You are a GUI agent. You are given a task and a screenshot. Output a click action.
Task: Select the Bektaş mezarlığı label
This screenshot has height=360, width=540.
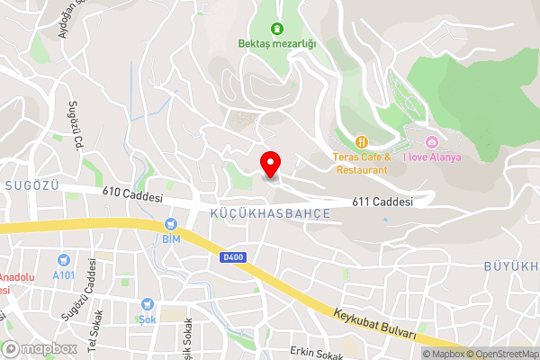click(277, 43)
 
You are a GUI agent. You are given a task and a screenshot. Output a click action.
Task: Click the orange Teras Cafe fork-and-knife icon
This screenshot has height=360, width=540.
click(362, 141)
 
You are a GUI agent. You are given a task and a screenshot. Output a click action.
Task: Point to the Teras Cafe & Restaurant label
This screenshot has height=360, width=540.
click(361, 163)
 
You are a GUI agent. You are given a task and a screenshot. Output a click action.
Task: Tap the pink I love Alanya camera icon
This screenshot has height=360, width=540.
click(432, 142)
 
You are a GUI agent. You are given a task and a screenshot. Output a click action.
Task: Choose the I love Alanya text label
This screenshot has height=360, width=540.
click(432, 157)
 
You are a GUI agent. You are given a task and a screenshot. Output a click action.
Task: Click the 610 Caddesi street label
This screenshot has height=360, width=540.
click(131, 194)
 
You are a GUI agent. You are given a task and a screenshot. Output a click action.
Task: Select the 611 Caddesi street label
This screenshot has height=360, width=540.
click(382, 202)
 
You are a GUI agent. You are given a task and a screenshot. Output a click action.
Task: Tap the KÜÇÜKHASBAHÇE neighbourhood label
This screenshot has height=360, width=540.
click(269, 213)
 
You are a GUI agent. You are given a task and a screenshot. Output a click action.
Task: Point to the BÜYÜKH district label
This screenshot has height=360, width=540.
click(511, 267)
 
